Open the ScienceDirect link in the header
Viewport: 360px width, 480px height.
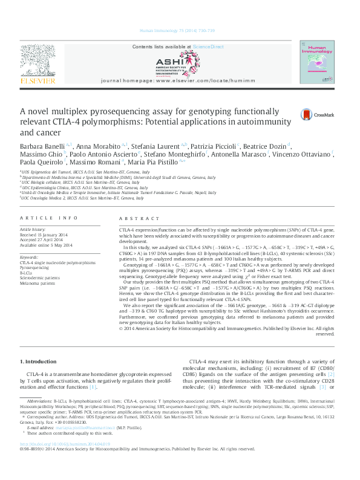pos(208,47)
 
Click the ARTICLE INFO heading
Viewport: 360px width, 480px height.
pos(48,217)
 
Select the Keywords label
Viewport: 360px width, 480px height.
pos(29,258)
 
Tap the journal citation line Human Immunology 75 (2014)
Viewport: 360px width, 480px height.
pos(180,30)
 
